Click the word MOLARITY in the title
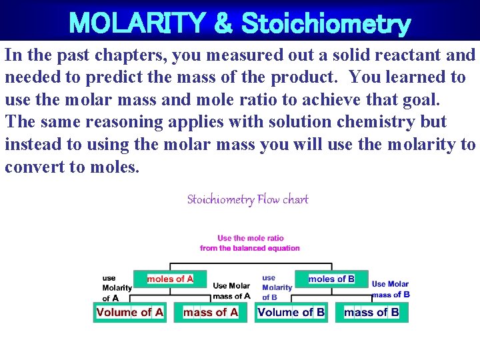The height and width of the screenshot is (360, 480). point(137,23)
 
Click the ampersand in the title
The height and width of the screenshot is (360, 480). point(222,23)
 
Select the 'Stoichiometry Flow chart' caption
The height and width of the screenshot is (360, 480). point(247,199)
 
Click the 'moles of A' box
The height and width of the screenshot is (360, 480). point(170,279)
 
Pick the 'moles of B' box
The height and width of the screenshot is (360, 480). point(331,279)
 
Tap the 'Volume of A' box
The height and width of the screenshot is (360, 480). point(130,312)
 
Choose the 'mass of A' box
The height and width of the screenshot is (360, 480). point(211,312)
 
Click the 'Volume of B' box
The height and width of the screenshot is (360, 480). point(291,312)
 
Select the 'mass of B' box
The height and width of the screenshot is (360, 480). point(371,312)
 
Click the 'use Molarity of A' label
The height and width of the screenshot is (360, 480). point(117,288)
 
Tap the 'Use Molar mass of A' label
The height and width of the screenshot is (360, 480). point(231,291)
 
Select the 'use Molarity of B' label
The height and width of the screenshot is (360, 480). point(277,287)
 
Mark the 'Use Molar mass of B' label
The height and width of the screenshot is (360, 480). point(391,289)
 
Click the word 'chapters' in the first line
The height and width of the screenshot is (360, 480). point(125,55)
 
